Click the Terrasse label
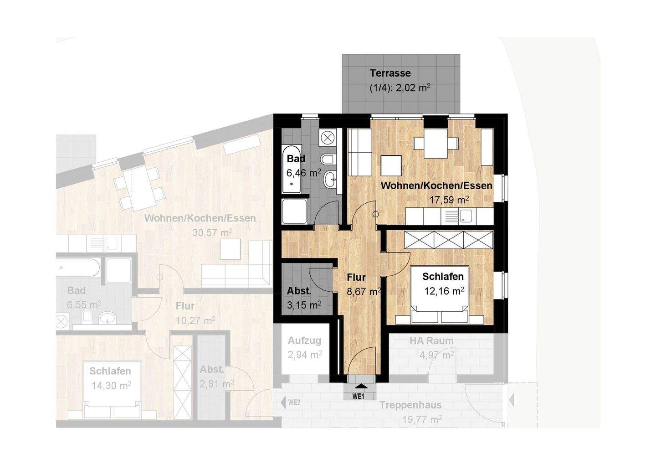[390, 73]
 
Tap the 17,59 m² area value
[449, 200]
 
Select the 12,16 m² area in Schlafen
[444, 291]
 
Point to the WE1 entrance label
[358, 397]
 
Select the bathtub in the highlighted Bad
[292, 169]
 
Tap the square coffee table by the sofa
[391, 165]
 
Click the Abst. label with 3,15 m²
[299, 291]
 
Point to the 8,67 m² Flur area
[364, 292]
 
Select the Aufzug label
[305, 340]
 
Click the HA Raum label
[431, 340]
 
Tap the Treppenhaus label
[410, 405]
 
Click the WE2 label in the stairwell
[294, 402]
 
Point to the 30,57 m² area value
[212, 232]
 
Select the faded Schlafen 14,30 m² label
[110, 378]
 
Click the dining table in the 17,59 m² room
[436, 143]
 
